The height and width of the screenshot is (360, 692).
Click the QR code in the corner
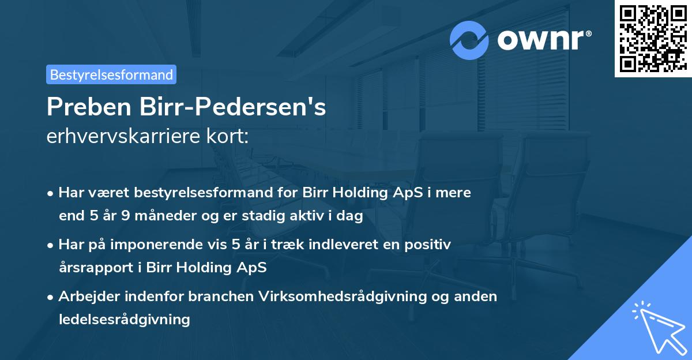(x=653, y=38)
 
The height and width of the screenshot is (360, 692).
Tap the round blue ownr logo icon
(x=469, y=40)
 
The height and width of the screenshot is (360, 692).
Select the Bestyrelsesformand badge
(x=111, y=74)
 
